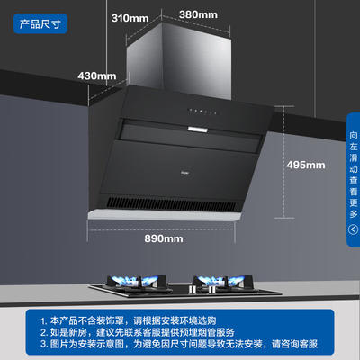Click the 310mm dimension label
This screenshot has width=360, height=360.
pyautogui.click(x=130, y=18)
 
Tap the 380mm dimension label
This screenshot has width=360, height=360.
pyautogui.click(x=198, y=14)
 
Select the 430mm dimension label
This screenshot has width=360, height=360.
pyautogui.click(x=97, y=76)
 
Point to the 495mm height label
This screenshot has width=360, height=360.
pyautogui.click(x=306, y=165)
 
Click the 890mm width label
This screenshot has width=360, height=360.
pyautogui.click(x=164, y=238)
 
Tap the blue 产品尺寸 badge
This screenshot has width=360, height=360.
pyautogui.click(x=40, y=23)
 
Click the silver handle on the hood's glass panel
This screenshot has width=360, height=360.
pyautogui.click(x=198, y=130)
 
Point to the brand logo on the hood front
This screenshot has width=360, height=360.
pyautogui.click(x=184, y=173)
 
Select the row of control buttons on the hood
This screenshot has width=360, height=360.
pyautogui.click(x=202, y=112)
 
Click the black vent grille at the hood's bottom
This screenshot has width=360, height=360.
pyautogui.click(x=171, y=203)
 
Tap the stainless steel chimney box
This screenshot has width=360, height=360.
pyautogui.click(x=179, y=60)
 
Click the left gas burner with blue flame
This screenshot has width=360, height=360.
pyautogui.click(x=136, y=283)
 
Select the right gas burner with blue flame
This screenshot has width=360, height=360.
pyautogui.click(x=224, y=283)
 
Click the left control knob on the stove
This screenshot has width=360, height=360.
pyautogui.click(x=192, y=289)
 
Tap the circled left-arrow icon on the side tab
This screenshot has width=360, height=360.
pyautogui.click(x=354, y=229)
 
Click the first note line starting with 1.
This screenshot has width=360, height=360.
pyautogui.click(x=128, y=320)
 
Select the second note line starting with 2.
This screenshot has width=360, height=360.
pyautogui.click(x=137, y=332)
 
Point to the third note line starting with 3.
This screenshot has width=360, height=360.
pyautogui.click(x=179, y=344)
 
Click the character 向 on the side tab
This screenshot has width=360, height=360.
pyautogui.click(x=354, y=135)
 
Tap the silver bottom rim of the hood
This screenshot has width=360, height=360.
pyautogui.click(x=165, y=215)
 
